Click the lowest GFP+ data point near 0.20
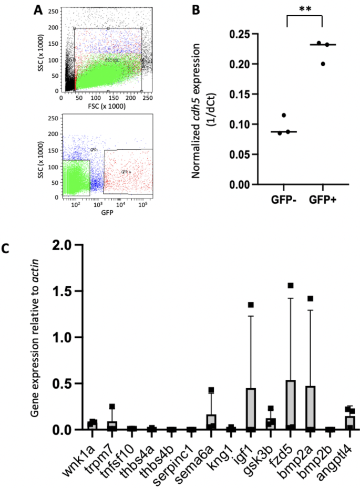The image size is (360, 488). tap(323, 64)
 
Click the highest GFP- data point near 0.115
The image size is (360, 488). tap(284, 115)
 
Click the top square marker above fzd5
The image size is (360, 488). tap(290, 285)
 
